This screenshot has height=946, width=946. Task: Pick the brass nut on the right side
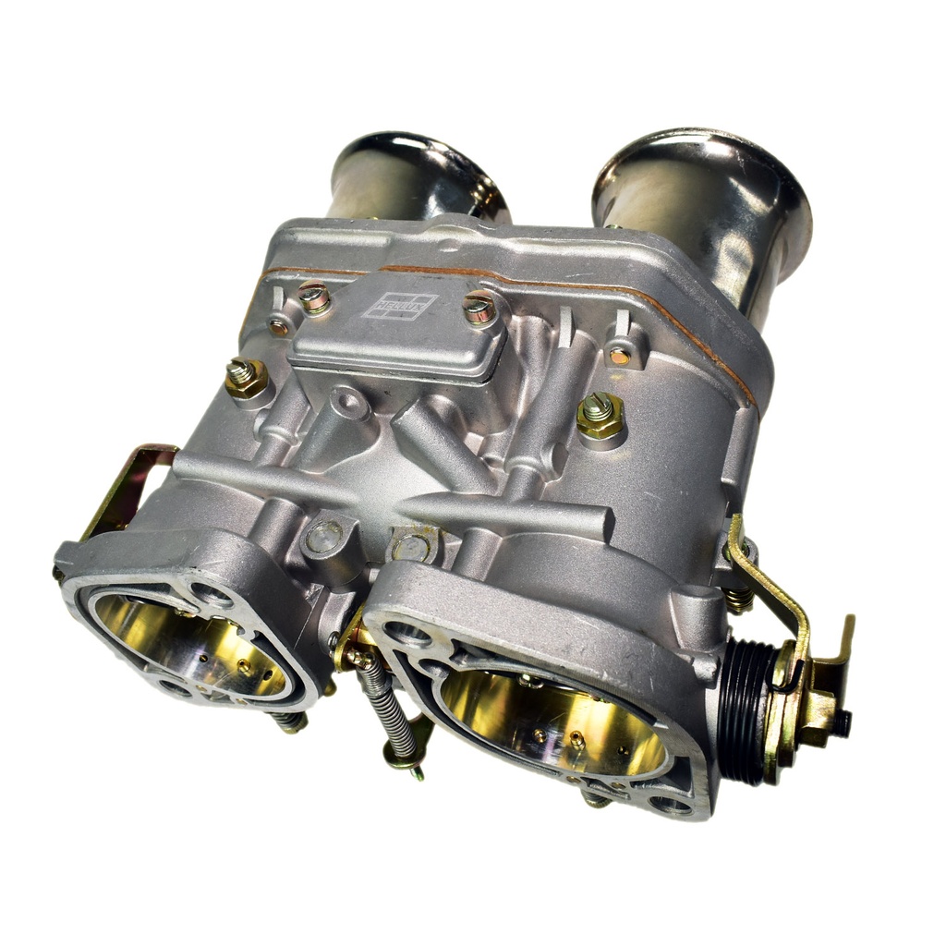pos(600,417)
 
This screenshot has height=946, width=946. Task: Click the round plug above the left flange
pos(324,537)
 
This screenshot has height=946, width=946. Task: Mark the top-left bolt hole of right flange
pos(407,634)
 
